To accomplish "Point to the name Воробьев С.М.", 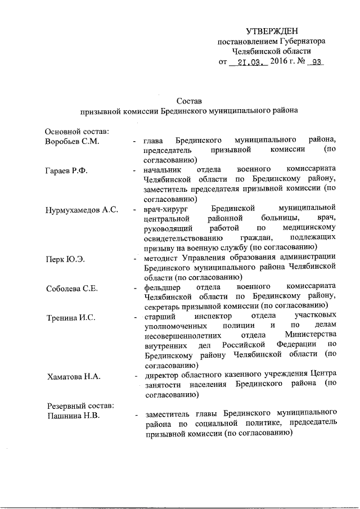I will tap(73, 140).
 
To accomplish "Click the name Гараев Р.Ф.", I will tap(66, 169).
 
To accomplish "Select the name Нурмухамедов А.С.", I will tap(82, 210).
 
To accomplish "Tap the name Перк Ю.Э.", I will tap(65, 259).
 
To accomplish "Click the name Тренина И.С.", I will tap(71, 318).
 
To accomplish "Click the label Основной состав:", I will tap(77, 130).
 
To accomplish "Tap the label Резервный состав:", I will tap(79, 406).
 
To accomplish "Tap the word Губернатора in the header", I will tap(300, 41).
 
